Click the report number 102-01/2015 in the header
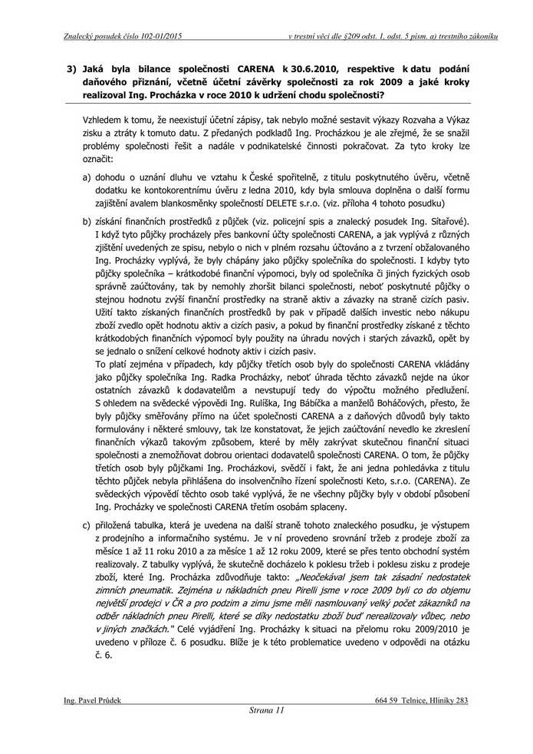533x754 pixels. tap(157, 36)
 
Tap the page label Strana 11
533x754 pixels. tap(267, 711)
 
